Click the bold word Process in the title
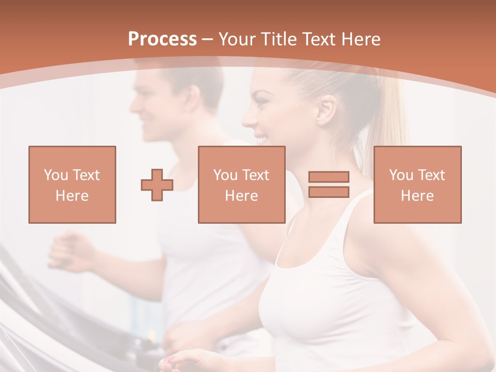162,39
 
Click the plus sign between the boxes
157,185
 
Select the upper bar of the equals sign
329,177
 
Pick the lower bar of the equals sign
329,192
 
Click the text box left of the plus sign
72,184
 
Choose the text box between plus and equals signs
241,184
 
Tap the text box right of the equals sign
417,184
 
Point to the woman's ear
326,110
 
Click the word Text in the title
318,39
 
